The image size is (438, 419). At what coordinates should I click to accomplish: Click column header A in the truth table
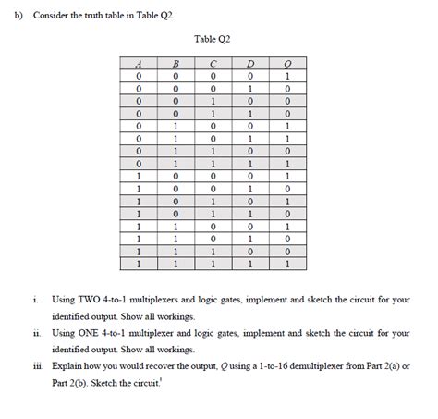coord(140,64)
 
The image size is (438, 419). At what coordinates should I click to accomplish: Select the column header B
coord(176,64)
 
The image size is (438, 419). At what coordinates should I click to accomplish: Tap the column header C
coord(213,64)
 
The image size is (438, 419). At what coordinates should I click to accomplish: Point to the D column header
coord(250,64)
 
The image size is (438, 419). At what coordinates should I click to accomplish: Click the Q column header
coord(287,64)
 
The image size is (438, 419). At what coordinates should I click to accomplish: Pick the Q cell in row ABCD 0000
coord(287,77)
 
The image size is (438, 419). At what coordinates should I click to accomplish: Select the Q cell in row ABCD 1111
coord(287,263)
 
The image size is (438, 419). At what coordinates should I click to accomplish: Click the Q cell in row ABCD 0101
coord(287,138)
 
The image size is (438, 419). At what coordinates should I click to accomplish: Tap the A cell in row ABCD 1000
coord(140,176)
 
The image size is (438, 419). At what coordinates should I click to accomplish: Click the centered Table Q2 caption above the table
coord(213,39)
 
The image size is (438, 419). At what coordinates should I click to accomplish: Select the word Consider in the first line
coord(52,16)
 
